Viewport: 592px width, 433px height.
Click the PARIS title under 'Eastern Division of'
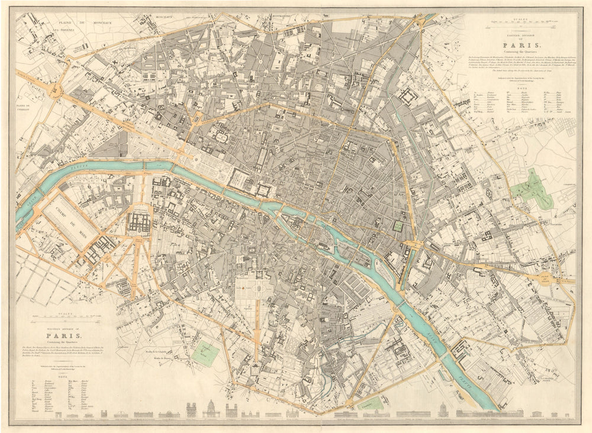pyautogui.click(x=521, y=44)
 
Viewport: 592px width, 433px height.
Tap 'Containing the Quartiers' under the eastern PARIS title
pyautogui.click(x=521, y=52)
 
